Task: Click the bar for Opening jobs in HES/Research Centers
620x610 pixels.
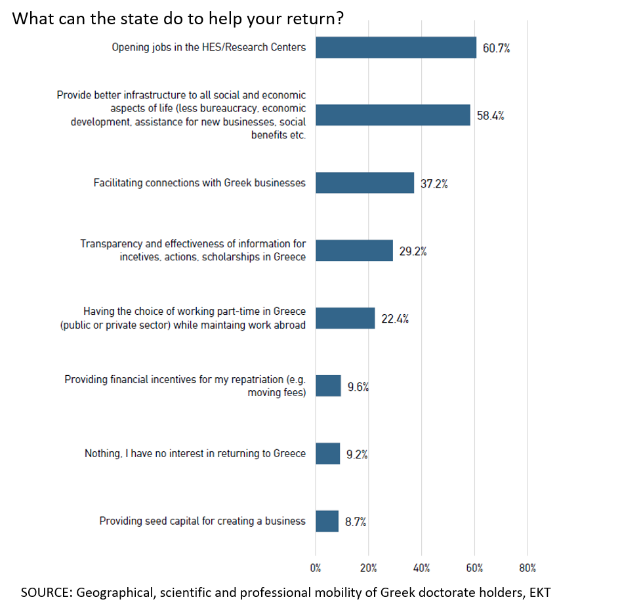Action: click(396, 47)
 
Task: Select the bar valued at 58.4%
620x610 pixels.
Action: click(392, 115)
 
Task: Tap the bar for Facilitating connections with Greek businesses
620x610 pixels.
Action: click(365, 182)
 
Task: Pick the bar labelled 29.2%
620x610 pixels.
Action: click(354, 251)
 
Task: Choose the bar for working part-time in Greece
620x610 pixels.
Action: click(345, 318)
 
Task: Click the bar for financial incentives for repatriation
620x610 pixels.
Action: click(328, 386)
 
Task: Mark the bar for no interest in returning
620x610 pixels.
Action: click(327, 453)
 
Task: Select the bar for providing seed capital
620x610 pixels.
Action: click(327, 521)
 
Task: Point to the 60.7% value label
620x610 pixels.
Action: click(496, 48)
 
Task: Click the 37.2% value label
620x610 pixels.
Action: click(434, 184)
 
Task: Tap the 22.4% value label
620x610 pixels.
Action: click(395, 319)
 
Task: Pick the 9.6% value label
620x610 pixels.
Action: click(358, 387)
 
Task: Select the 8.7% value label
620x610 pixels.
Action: click(356, 522)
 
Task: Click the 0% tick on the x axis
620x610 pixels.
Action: click(316, 568)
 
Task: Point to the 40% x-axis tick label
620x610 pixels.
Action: click(421, 568)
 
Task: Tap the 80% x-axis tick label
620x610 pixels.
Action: click(527, 568)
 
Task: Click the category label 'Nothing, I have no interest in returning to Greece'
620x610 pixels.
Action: click(195, 453)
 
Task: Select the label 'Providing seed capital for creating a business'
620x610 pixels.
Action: click(202, 521)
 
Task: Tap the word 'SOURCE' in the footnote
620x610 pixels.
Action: click(49, 592)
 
